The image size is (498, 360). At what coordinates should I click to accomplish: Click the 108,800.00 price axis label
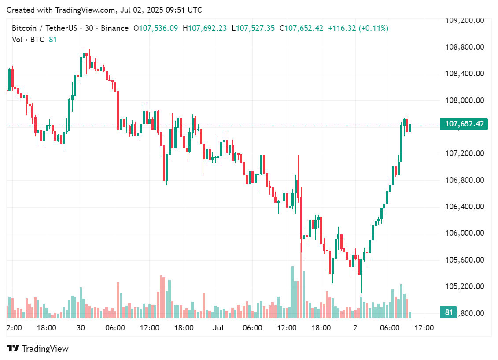pyautogui.click(x=465, y=47)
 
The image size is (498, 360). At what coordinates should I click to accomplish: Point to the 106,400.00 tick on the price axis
pyautogui.click(x=465, y=207)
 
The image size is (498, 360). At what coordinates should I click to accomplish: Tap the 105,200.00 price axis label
pyautogui.click(x=465, y=286)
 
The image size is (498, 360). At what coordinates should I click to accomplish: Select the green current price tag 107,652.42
pyautogui.click(x=464, y=124)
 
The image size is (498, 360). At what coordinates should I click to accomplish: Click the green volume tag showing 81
pyautogui.click(x=449, y=312)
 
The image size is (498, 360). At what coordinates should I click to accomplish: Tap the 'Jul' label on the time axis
pyautogui.click(x=218, y=328)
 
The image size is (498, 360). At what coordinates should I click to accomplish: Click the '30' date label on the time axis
pyautogui.click(x=81, y=328)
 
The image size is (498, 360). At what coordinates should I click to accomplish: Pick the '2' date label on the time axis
pyautogui.click(x=355, y=328)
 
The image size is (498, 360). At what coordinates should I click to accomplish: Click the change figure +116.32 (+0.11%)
pyautogui.click(x=358, y=28)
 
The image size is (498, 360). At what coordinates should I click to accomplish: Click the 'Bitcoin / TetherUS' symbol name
pyautogui.click(x=44, y=28)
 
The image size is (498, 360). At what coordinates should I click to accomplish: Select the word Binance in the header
pyautogui.click(x=114, y=28)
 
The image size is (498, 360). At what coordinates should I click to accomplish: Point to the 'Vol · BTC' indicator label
pyautogui.click(x=28, y=40)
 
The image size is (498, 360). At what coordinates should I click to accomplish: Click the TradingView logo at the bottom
pyautogui.click(x=38, y=349)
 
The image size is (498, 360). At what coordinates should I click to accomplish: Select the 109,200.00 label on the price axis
pyautogui.click(x=465, y=20)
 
